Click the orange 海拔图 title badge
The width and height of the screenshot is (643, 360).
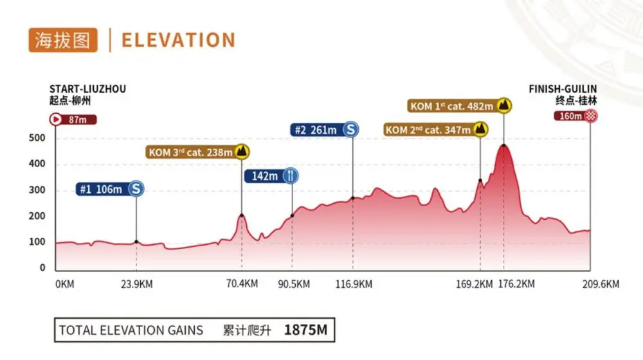click(x=63, y=40)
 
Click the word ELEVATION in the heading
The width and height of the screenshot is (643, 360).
click(x=178, y=40)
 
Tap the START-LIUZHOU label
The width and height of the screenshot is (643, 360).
click(x=87, y=89)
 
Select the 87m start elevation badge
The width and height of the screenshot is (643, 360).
click(x=73, y=119)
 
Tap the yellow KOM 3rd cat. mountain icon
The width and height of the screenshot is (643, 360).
click(x=242, y=152)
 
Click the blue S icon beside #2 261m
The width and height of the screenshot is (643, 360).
click(x=351, y=130)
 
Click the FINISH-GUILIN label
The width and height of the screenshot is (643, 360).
click(x=563, y=89)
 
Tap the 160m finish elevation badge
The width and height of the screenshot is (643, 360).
click(x=570, y=116)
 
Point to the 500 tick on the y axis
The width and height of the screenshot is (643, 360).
click(x=37, y=138)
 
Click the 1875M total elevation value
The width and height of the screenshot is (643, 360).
click(x=305, y=331)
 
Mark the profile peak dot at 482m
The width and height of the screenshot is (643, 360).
click(x=503, y=145)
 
